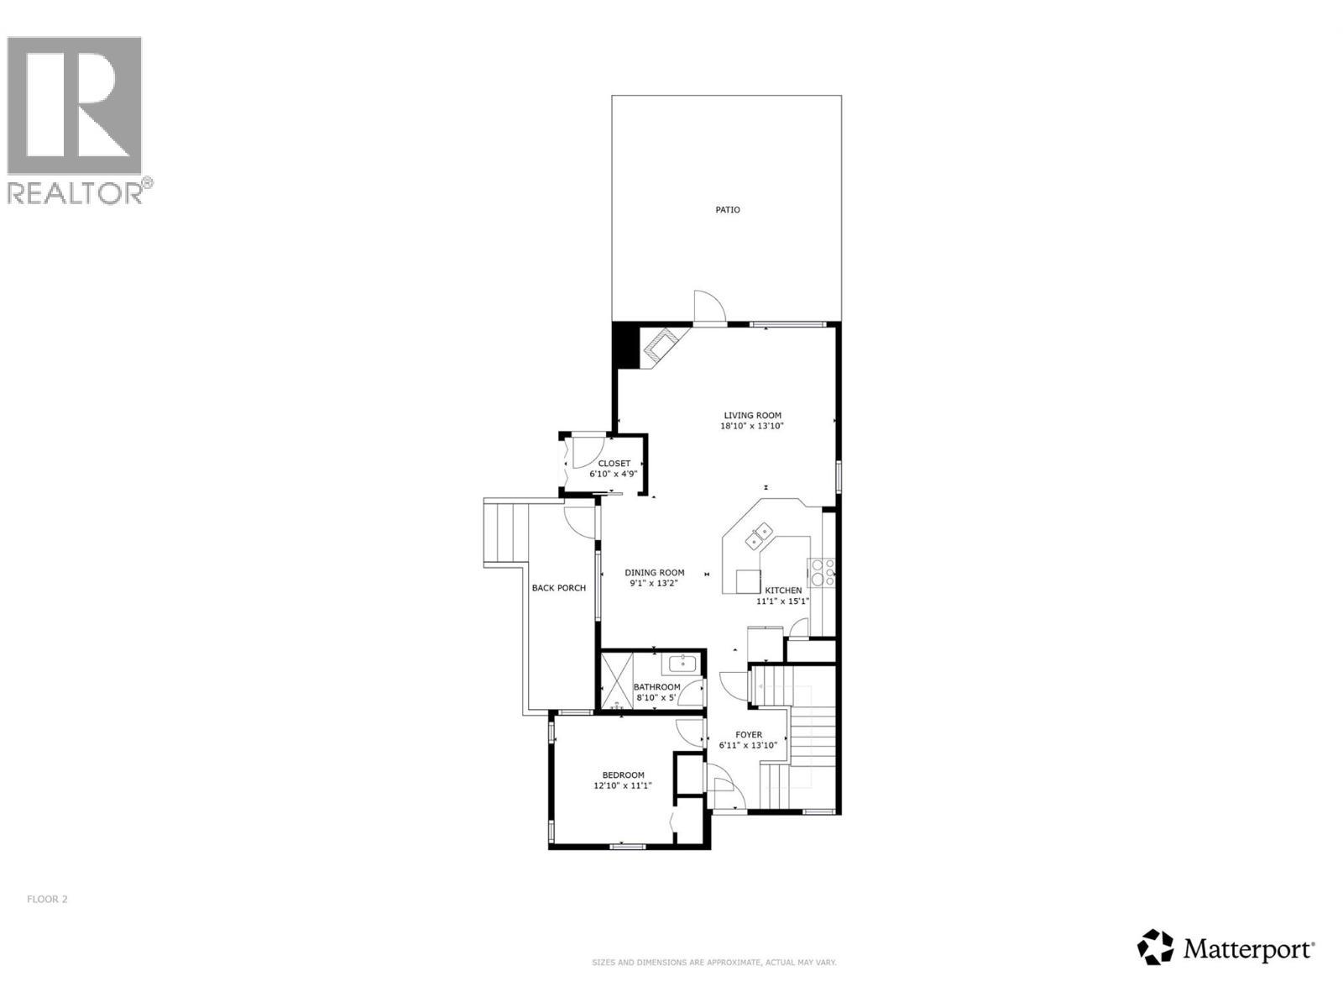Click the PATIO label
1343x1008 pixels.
click(x=728, y=210)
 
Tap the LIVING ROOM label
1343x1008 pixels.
click(x=753, y=415)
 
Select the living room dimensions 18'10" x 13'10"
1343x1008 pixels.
click(x=753, y=426)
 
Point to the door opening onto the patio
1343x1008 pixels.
click(x=708, y=307)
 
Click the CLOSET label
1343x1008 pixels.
click(x=614, y=464)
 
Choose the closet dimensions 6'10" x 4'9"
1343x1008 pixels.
click(x=614, y=475)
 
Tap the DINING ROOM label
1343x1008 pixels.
click(x=655, y=573)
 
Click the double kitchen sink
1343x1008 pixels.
click(x=761, y=535)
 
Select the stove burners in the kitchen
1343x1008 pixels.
click(x=822, y=572)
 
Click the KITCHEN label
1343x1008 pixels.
click(x=782, y=591)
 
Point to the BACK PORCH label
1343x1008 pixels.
click(x=559, y=588)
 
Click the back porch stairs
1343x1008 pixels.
click(x=507, y=533)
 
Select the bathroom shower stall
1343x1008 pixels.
click(x=617, y=681)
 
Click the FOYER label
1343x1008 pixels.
click(x=749, y=735)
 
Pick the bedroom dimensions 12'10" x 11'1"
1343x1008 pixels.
click(x=623, y=786)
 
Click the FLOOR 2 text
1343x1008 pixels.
click(x=47, y=899)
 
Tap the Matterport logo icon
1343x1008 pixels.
click(x=1156, y=947)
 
